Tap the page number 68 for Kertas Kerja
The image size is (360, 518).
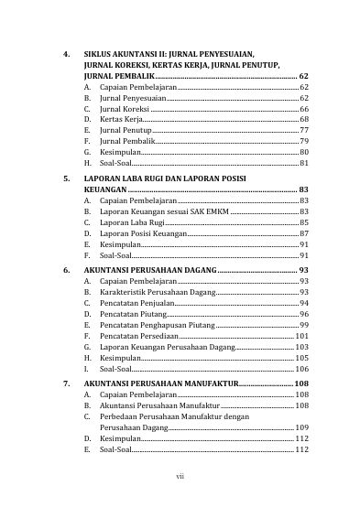tap(304, 120)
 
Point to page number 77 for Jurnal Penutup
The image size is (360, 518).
tap(304, 131)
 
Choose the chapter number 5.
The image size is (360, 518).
tap(65, 177)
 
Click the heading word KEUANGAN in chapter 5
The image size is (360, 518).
tap(104, 189)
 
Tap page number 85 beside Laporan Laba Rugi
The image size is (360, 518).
tap(304, 222)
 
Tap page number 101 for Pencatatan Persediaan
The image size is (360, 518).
tap(301, 337)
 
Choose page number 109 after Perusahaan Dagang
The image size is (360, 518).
tap(301, 427)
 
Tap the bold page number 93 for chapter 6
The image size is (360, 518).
tap(303, 272)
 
